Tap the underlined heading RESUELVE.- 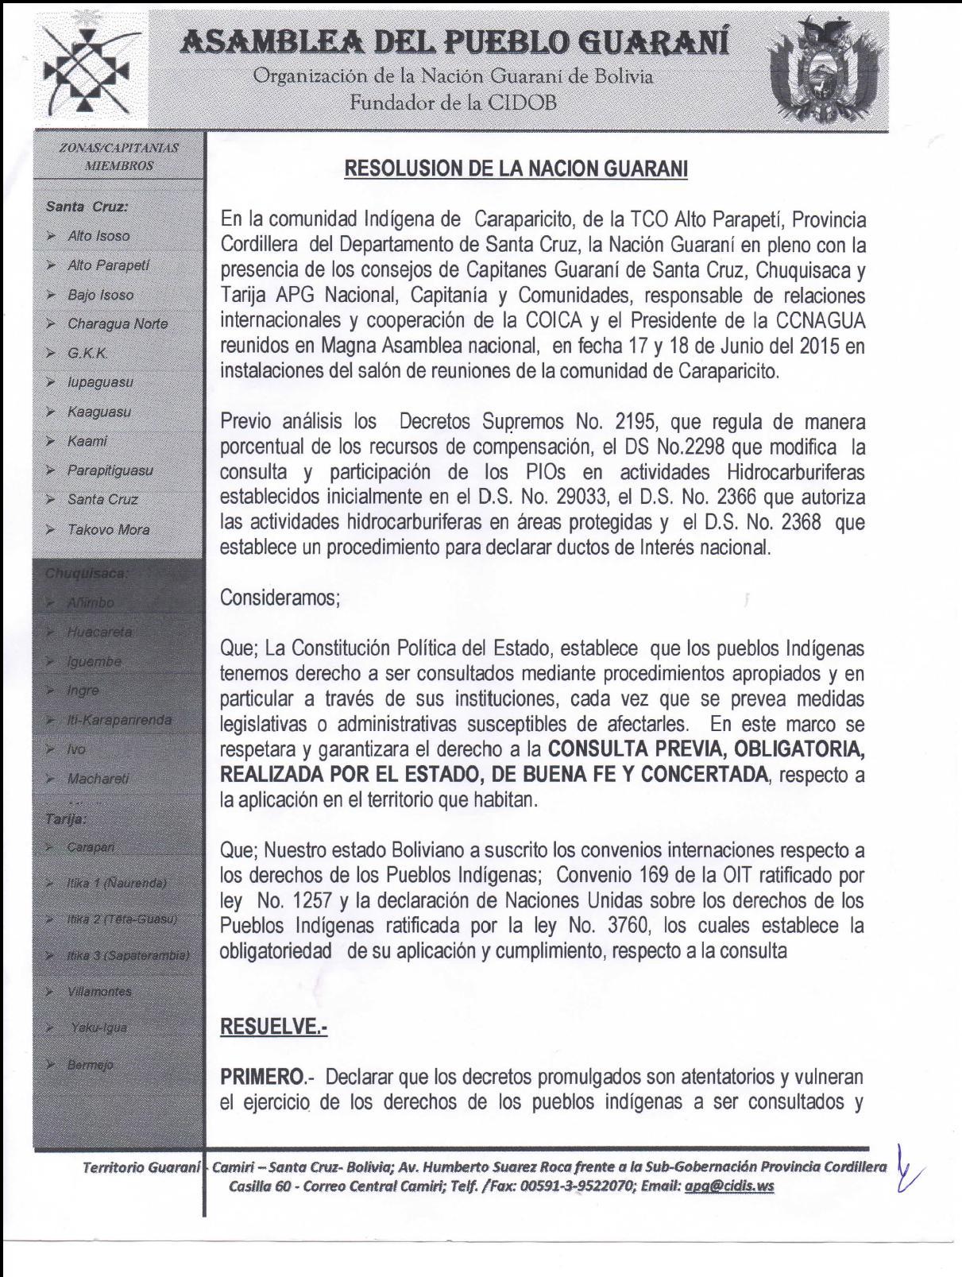tap(274, 1027)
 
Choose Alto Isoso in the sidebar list tap(99, 236)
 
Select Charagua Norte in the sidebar tap(118, 323)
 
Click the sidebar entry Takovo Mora tap(108, 529)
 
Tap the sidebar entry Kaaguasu tap(99, 412)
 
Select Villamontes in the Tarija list tap(99, 992)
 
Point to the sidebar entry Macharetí tap(98, 779)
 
